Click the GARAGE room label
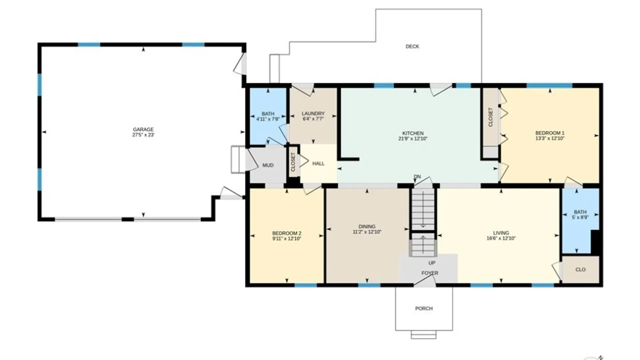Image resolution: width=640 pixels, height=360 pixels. pyautogui.click(x=143, y=129)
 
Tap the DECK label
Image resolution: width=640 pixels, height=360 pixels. pyautogui.click(x=412, y=46)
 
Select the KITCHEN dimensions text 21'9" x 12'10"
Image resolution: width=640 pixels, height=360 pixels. pyautogui.click(x=413, y=139)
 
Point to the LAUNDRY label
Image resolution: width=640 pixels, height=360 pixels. pyautogui.click(x=313, y=113)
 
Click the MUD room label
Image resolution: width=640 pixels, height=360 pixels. pyautogui.click(x=268, y=165)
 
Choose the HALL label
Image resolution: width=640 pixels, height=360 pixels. pyautogui.click(x=318, y=163)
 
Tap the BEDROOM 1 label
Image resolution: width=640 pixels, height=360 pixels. pyautogui.click(x=550, y=133)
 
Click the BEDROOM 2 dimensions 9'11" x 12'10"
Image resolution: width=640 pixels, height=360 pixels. pyautogui.click(x=287, y=239)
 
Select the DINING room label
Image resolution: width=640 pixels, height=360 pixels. pyautogui.click(x=367, y=226)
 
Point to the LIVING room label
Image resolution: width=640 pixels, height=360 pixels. pyautogui.click(x=501, y=233)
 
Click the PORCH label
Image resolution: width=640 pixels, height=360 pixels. pyautogui.click(x=424, y=308)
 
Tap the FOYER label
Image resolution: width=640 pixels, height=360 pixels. pyautogui.click(x=430, y=273)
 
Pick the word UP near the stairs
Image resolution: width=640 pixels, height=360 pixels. pyautogui.click(x=432, y=263)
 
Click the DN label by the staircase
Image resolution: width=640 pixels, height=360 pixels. pyautogui.click(x=417, y=177)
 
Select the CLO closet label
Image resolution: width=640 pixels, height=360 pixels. pyautogui.click(x=580, y=269)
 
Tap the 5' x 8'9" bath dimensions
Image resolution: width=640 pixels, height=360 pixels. pyautogui.click(x=580, y=217)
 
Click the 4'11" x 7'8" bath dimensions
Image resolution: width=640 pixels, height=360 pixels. pyautogui.click(x=268, y=119)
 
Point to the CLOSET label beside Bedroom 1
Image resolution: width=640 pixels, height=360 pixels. pyautogui.click(x=490, y=117)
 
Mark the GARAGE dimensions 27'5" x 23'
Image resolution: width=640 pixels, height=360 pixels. pyautogui.click(x=143, y=135)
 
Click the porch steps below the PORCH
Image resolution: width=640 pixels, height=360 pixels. pyautogui.click(x=423, y=335)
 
